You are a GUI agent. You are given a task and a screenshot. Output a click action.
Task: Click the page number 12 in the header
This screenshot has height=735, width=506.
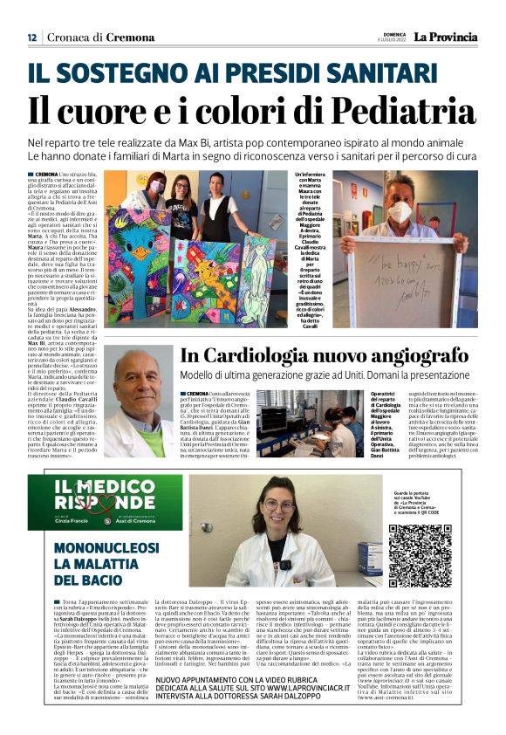pos(31,38)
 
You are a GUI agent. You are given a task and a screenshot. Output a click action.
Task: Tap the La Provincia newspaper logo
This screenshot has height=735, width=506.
pos(445,37)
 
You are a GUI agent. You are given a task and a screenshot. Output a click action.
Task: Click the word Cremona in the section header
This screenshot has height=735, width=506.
pos(126,38)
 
